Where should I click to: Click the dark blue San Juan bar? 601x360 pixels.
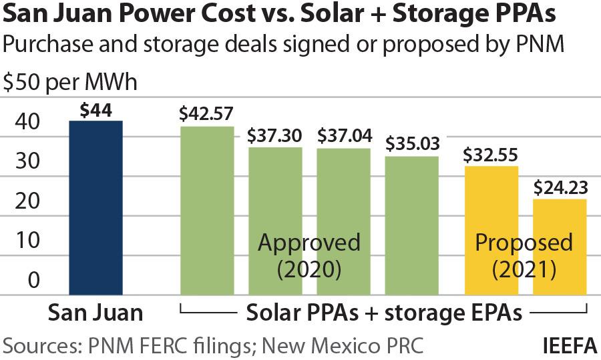96,207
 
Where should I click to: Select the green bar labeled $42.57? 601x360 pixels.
208,210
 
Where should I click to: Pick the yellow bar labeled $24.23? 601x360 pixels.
560,247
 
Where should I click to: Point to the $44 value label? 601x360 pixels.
95,111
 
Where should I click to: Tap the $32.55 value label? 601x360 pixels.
491,155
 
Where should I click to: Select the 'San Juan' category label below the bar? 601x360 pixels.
95,313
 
